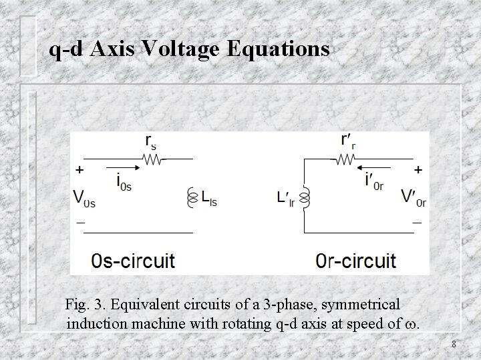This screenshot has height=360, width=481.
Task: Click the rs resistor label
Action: [x=152, y=142]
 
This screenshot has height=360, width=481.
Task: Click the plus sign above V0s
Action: [x=80, y=171]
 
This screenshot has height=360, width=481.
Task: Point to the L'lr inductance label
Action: [x=287, y=198]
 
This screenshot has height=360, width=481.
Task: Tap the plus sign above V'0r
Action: [x=418, y=171]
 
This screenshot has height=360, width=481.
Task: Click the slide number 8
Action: [x=454, y=344]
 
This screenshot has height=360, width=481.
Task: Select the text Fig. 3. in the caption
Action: [x=86, y=305]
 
